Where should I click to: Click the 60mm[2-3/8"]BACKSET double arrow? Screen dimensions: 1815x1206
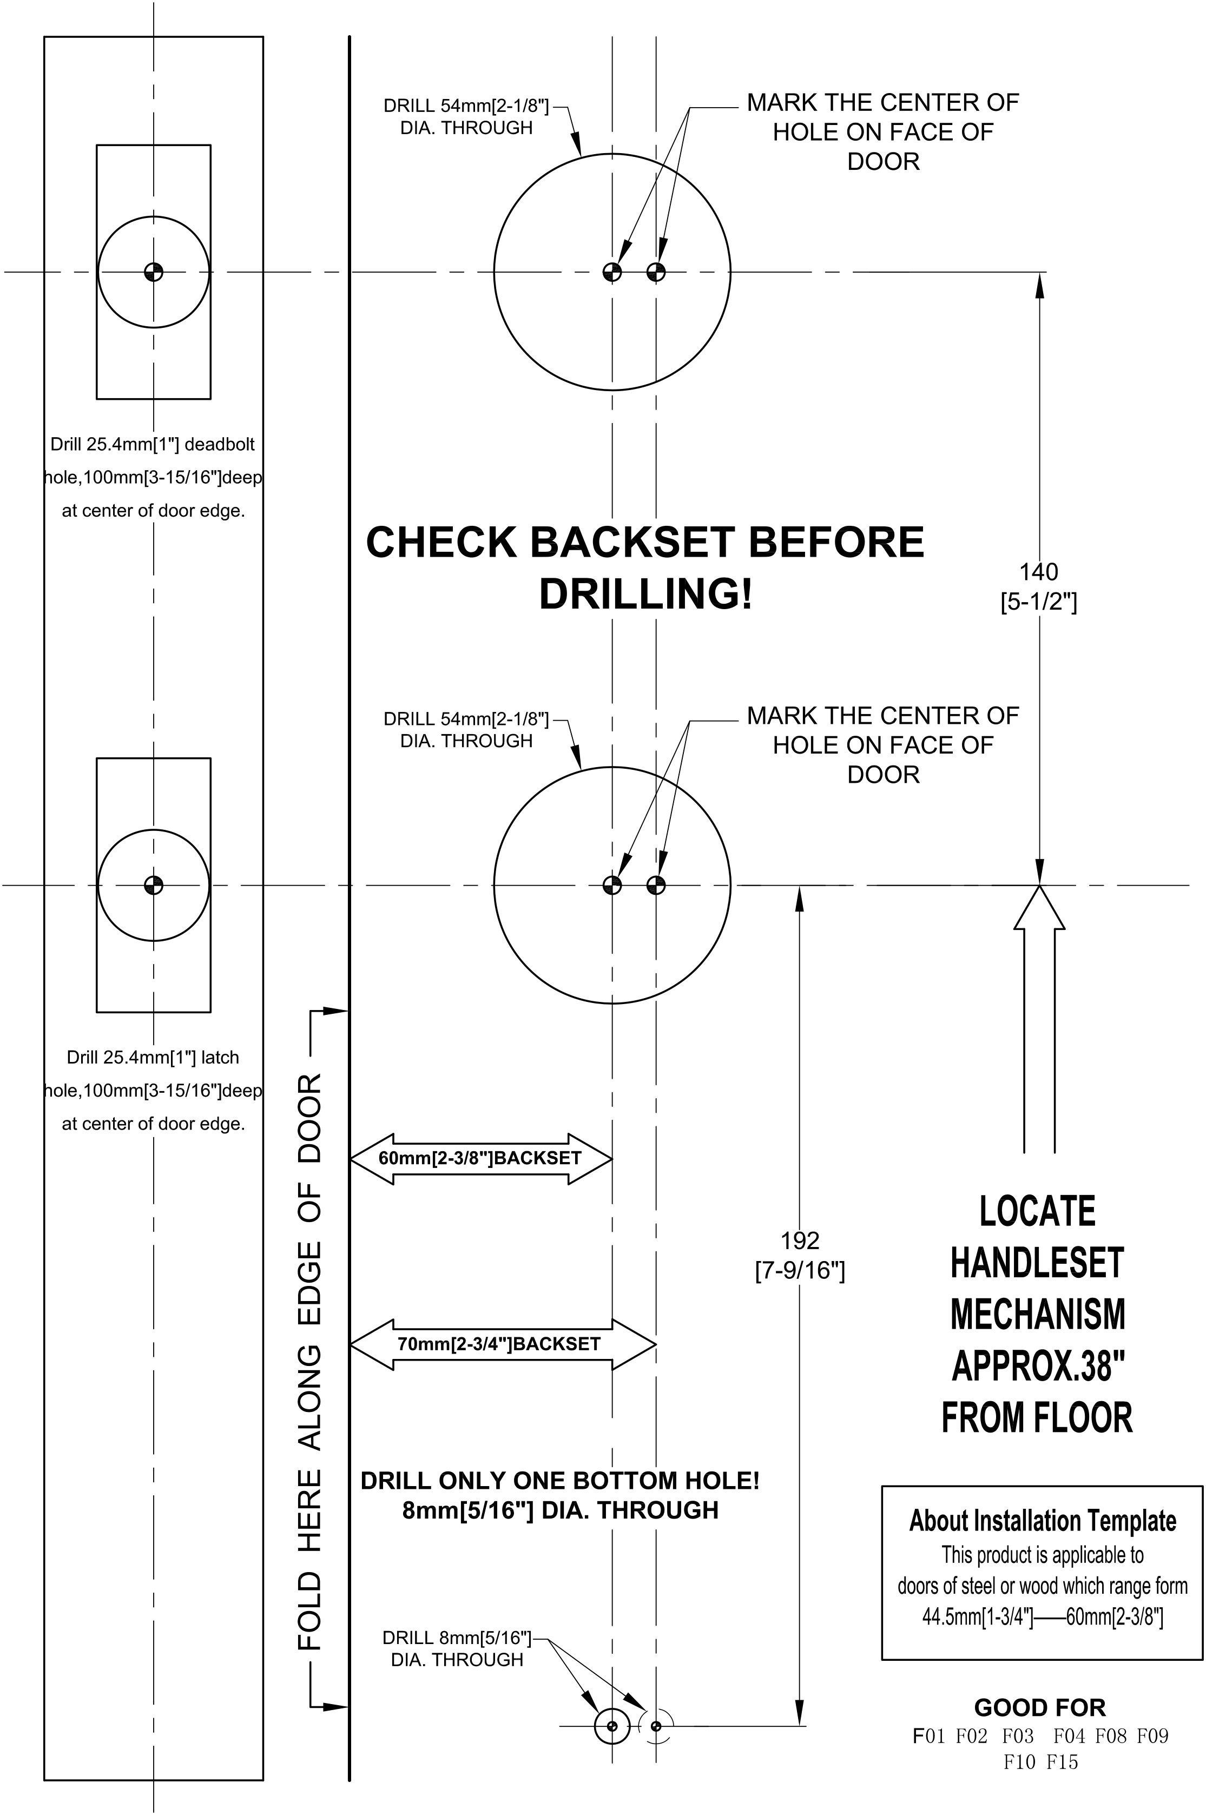tap(480, 1158)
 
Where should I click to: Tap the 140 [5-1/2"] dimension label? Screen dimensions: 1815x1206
tap(1038, 587)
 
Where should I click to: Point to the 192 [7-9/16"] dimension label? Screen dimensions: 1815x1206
tap(800, 1256)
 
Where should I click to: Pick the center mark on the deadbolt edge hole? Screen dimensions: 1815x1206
tap(154, 272)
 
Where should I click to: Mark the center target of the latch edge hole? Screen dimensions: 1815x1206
tap(154, 885)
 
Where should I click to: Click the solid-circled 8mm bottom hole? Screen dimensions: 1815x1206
tap(612, 1727)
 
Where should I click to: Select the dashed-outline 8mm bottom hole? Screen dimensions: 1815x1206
tap(656, 1727)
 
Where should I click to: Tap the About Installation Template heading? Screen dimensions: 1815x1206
tap(1042, 1521)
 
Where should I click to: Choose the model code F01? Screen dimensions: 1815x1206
tap(928, 1736)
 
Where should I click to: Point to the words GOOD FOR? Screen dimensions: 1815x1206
tap(1040, 1707)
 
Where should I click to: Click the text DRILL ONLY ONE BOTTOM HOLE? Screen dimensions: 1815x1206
tap(560, 1481)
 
